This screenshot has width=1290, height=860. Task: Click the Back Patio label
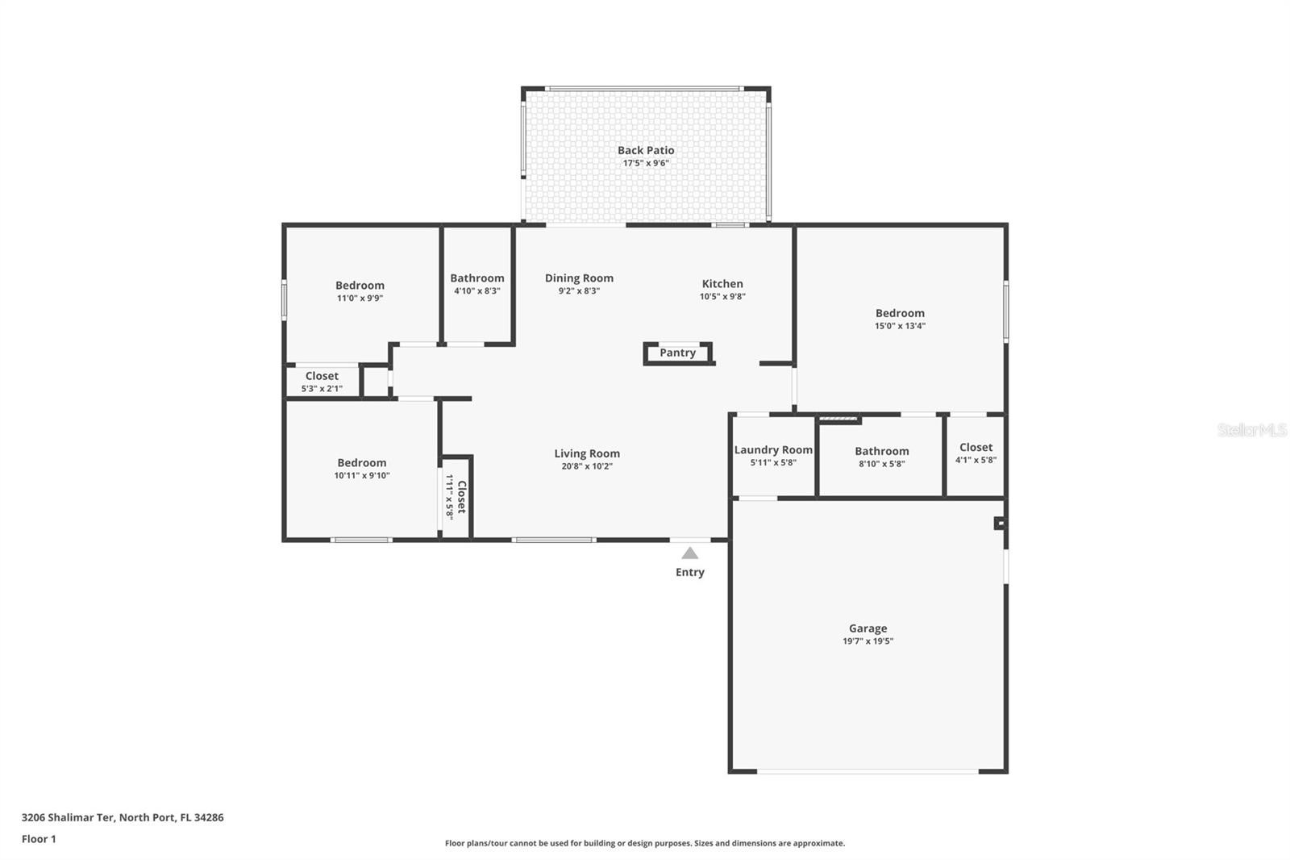[646, 150]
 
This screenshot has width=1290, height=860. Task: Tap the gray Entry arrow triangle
[690, 553]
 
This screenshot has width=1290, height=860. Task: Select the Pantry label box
[678, 353]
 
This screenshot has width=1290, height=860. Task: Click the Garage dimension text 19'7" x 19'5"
[868, 641]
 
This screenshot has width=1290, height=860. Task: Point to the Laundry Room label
[773, 449]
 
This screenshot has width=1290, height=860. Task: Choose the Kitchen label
[722, 284]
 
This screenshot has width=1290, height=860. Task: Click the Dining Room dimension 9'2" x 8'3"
[579, 291]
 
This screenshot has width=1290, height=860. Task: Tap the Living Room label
[587, 453]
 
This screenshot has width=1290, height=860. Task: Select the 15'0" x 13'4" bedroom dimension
[900, 326]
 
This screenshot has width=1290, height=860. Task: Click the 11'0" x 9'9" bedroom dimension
[360, 298]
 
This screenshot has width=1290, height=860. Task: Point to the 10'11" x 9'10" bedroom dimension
[362, 475]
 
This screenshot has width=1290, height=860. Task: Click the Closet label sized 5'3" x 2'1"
[322, 376]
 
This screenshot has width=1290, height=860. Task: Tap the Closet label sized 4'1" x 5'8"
[976, 447]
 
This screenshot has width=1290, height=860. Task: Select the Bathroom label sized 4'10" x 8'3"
[476, 278]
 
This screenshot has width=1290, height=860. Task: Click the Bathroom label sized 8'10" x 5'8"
[882, 451]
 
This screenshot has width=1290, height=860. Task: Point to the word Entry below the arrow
[690, 572]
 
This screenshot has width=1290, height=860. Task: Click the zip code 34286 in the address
[209, 817]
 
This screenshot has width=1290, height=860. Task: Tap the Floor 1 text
[39, 839]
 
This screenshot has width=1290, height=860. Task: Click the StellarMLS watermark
[1252, 430]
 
